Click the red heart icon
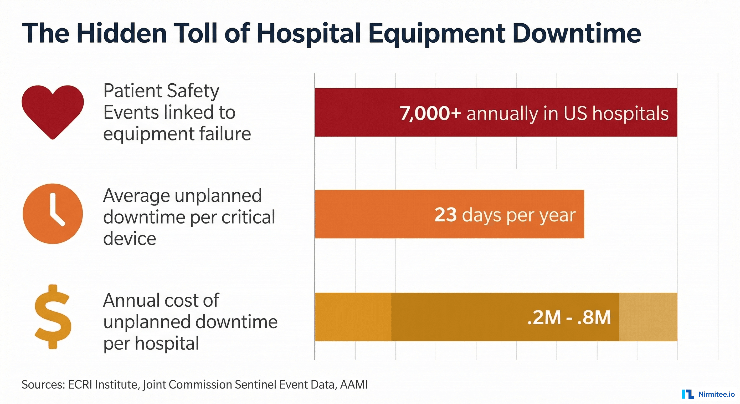click(53, 111)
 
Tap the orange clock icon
click(53, 214)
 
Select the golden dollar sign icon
click(53, 317)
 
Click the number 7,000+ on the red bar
click(430, 113)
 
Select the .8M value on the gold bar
click(594, 318)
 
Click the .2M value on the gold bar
click(544, 318)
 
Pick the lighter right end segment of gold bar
click(648, 317)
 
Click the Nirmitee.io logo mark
click(688, 394)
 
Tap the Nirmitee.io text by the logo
click(716, 394)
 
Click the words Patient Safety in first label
click(161, 91)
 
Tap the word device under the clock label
click(130, 239)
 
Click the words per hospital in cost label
click(151, 343)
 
